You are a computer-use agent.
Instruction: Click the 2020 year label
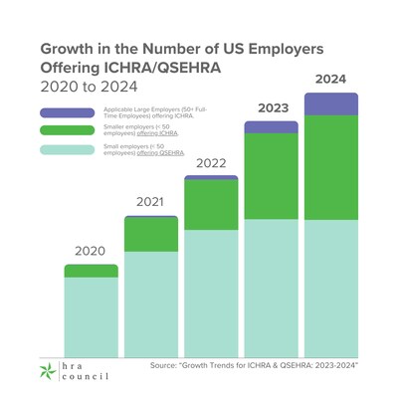click(x=91, y=252)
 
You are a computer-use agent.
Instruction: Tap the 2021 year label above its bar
click(x=150, y=203)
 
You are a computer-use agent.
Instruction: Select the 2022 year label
click(x=211, y=163)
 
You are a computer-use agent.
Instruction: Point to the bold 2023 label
click(x=271, y=107)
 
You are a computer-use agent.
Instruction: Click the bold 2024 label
click(x=330, y=79)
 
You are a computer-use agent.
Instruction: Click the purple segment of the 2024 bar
click(x=330, y=103)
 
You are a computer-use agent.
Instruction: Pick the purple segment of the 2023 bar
click(x=271, y=127)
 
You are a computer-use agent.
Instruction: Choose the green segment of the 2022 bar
click(x=211, y=205)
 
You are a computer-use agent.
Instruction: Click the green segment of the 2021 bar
click(x=150, y=235)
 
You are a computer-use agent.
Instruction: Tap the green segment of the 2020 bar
click(x=91, y=271)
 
